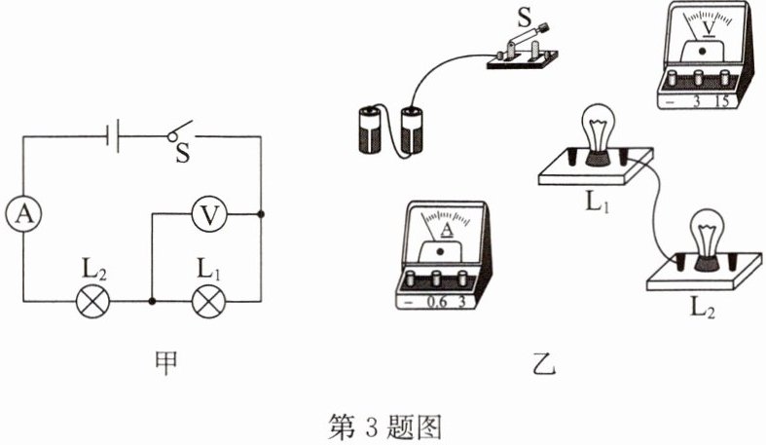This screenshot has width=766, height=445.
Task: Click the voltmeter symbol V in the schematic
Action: click(x=206, y=214)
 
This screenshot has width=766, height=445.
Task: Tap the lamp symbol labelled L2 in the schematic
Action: click(x=93, y=302)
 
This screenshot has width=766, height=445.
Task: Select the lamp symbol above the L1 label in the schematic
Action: click(x=207, y=302)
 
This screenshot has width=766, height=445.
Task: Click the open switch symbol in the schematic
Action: click(x=176, y=132)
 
